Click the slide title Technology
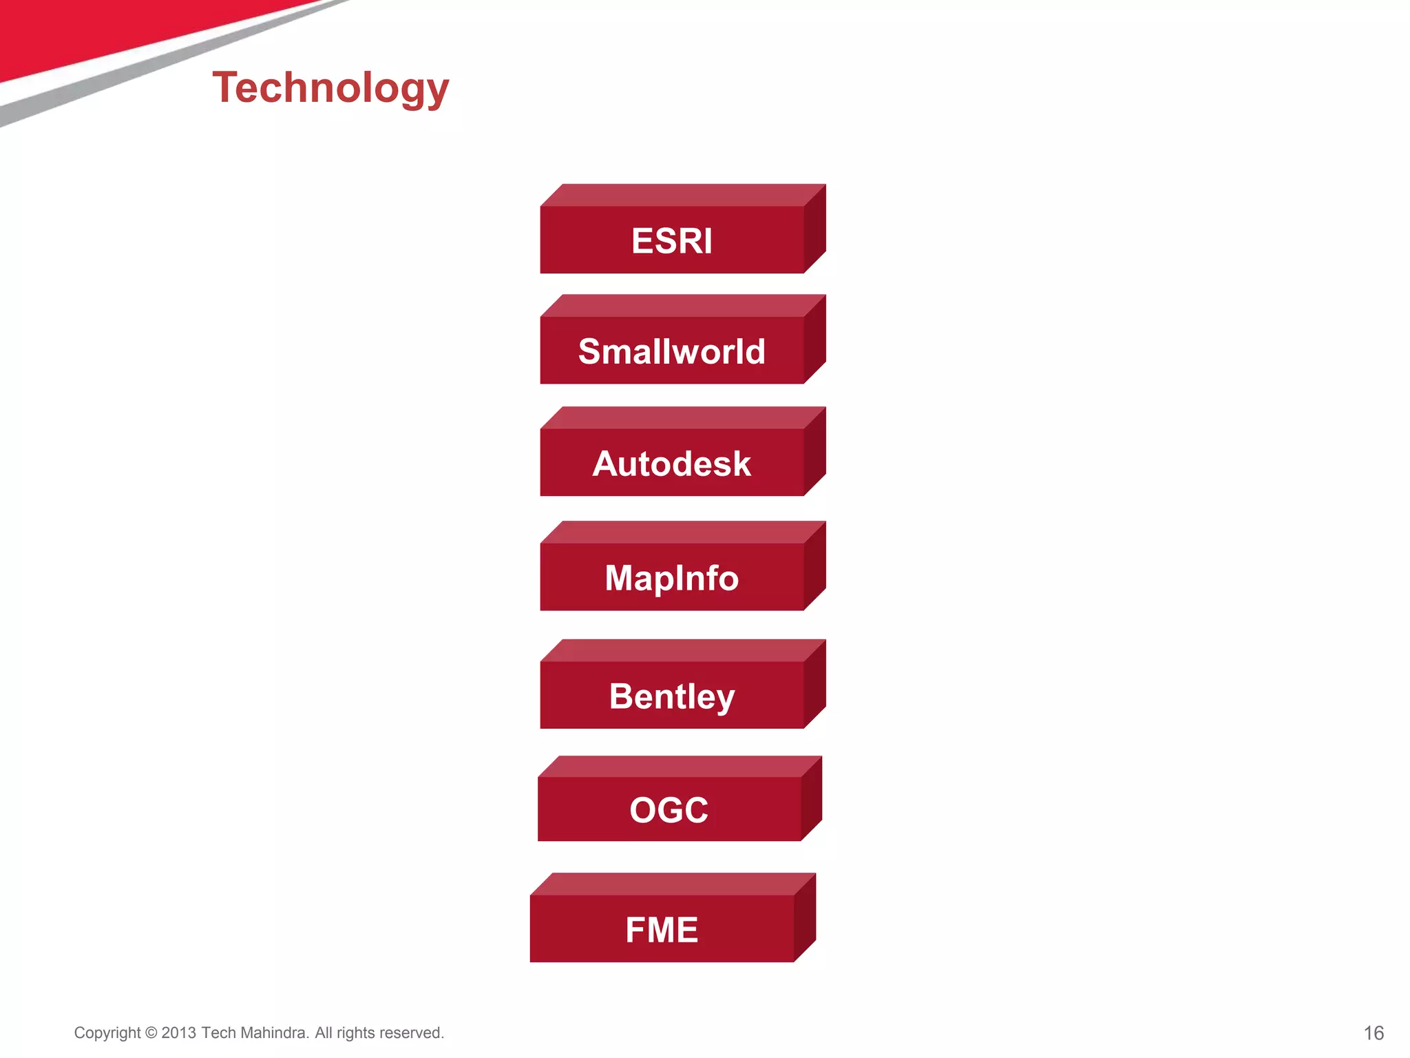(x=330, y=88)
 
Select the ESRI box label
(x=672, y=241)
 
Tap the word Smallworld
(x=672, y=351)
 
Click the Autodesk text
(x=672, y=464)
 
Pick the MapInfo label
(x=672, y=578)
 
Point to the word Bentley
(x=672, y=696)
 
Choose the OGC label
(x=669, y=810)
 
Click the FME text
(x=662, y=930)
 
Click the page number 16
(x=1374, y=1033)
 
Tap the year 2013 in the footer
(x=179, y=1033)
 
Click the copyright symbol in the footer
(x=151, y=1033)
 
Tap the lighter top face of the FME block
(x=673, y=884)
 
